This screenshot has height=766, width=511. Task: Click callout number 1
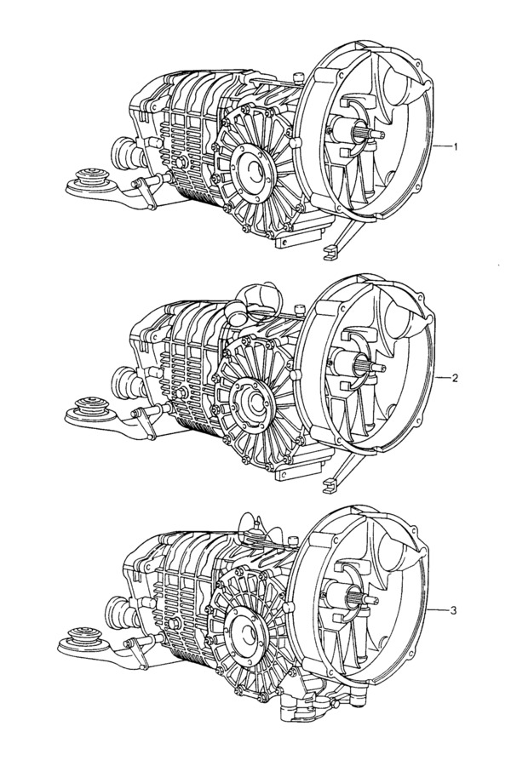tap(456, 146)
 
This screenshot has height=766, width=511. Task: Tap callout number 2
tap(455, 378)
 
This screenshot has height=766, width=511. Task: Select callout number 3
tap(453, 610)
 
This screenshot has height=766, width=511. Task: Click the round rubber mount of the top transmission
tap(91, 180)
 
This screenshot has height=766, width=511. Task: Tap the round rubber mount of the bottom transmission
tap(83, 639)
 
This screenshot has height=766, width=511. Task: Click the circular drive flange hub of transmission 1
tap(253, 171)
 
